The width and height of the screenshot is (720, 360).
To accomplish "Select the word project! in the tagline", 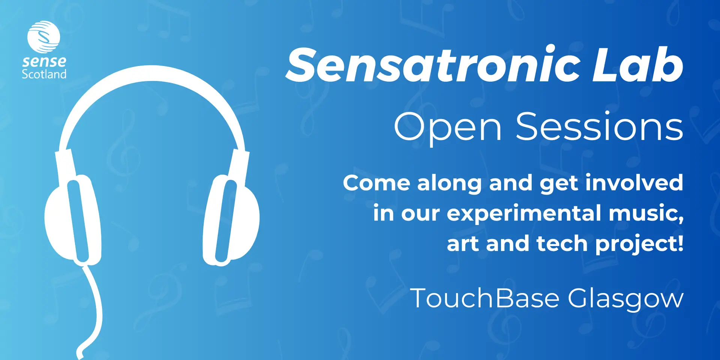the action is click(639, 244).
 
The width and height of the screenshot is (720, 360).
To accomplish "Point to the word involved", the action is click(634, 183).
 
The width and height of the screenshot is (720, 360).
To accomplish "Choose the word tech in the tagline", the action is click(562, 243).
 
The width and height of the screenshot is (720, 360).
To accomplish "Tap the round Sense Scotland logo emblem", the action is click(43, 37).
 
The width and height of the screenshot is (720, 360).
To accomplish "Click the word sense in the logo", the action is click(44, 61).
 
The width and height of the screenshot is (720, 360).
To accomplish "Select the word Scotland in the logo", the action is click(44, 73).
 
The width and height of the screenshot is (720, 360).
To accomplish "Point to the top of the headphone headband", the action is click(152, 73).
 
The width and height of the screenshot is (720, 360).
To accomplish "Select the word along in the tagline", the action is click(449, 184).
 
